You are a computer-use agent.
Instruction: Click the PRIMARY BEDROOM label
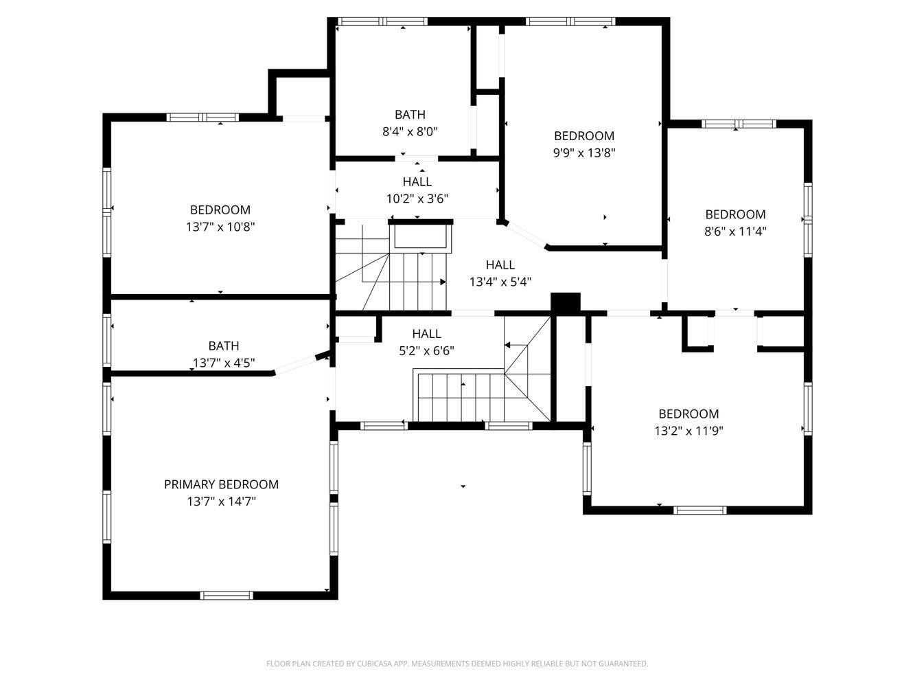click(221, 484)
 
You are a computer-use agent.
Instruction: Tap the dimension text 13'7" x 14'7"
click(221, 501)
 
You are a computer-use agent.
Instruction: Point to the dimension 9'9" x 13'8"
click(584, 153)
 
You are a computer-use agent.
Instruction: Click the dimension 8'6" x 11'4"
click(735, 231)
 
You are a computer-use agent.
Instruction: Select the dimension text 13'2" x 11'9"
click(688, 431)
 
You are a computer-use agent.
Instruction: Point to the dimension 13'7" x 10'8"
click(220, 227)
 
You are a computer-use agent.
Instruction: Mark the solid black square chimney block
click(566, 303)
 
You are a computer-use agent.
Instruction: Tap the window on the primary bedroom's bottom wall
click(227, 595)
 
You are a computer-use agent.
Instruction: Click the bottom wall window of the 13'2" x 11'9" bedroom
click(700, 510)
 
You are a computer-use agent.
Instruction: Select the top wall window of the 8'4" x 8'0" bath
click(382, 21)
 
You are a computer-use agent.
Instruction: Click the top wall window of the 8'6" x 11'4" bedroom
click(739, 124)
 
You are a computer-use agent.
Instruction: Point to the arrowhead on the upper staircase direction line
click(443, 282)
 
